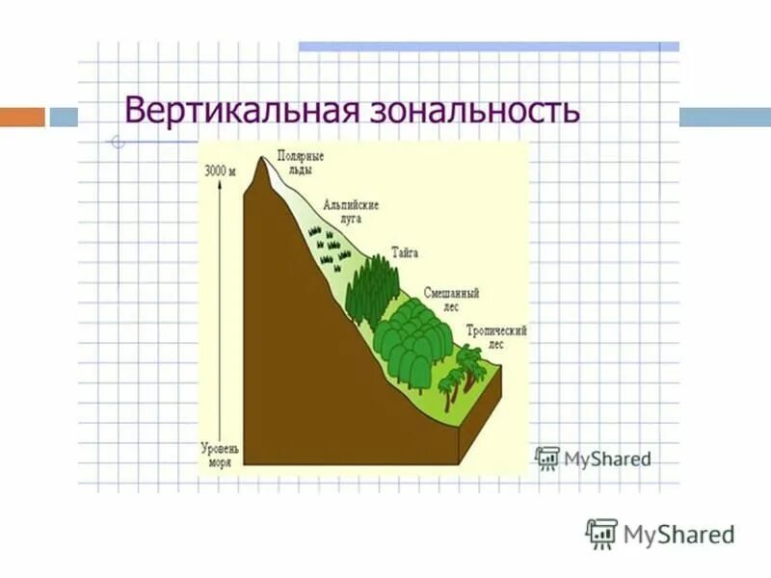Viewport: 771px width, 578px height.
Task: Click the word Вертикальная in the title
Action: pyautogui.click(x=240, y=110)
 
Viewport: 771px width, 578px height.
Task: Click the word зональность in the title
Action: pyautogui.click(x=471, y=110)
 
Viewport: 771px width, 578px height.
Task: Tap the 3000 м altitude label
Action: pyautogui.click(x=220, y=171)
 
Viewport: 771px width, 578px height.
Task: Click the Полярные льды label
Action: pyautogui.click(x=300, y=161)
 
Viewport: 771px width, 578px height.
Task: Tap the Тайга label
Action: pyautogui.click(x=406, y=252)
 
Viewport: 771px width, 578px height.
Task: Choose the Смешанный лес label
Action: pyautogui.click(x=451, y=298)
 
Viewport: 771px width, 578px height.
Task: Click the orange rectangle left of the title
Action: pyautogui.click(x=22, y=117)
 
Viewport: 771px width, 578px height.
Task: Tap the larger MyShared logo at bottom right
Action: pyautogui.click(x=660, y=533)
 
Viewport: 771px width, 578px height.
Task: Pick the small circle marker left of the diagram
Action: pyautogui.click(x=117, y=144)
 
